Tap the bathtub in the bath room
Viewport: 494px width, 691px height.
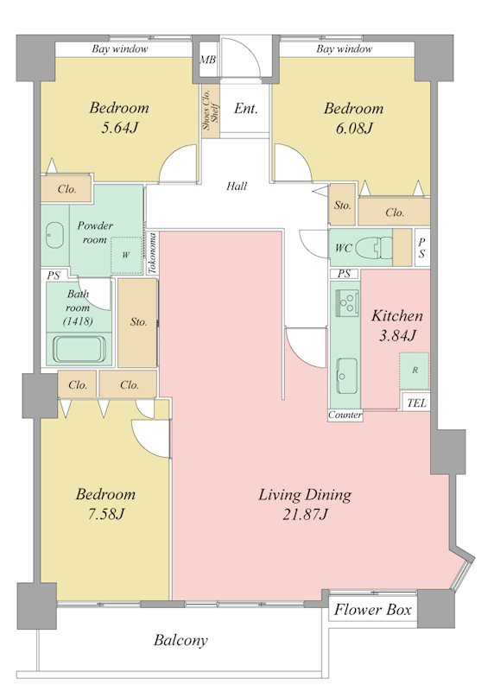[x=79, y=350]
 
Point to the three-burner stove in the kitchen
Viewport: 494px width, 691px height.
[x=347, y=303]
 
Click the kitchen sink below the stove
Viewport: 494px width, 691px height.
[x=347, y=376]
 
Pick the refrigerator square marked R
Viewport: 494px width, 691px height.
[x=415, y=371]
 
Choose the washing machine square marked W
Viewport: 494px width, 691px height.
[x=126, y=255]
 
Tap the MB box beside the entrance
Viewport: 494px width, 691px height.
[x=207, y=59]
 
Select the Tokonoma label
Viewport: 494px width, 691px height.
[x=152, y=254]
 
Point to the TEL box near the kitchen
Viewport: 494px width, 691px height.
[x=416, y=403]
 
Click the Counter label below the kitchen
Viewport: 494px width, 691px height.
[x=345, y=415]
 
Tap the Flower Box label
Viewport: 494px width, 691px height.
[x=373, y=610]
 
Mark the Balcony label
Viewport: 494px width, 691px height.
[x=180, y=640]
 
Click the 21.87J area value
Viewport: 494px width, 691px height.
[x=306, y=514]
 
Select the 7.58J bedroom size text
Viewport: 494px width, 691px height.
[x=105, y=514]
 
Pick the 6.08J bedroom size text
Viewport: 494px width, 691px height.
[x=354, y=128]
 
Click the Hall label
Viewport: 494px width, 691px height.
[x=237, y=187]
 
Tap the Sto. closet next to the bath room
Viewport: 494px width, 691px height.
[x=138, y=322]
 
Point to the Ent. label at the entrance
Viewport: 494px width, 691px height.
[x=245, y=109]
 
